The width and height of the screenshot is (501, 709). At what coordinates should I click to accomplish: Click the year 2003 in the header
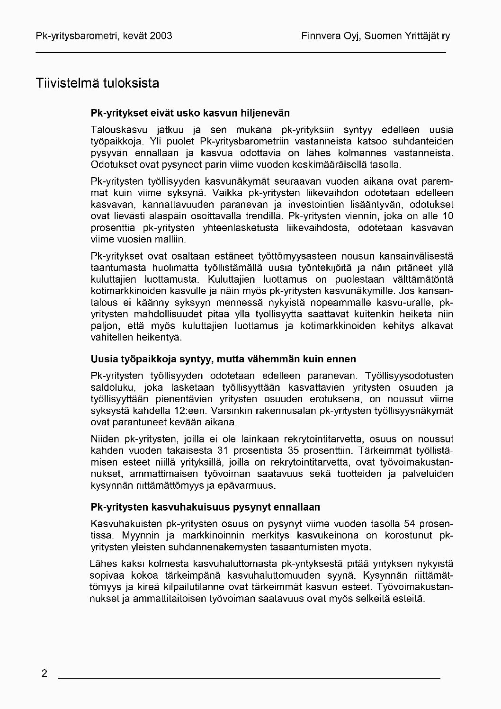(x=161, y=36)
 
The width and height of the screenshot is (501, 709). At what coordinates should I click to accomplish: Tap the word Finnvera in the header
(x=319, y=36)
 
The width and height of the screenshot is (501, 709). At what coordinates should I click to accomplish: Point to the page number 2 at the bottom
(x=45, y=673)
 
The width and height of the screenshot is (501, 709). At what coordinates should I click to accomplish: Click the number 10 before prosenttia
(x=447, y=216)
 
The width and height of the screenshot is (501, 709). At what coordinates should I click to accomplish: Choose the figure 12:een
(x=195, y=410)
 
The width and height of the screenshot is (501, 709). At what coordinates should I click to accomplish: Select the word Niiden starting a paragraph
(x=105, y=439)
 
